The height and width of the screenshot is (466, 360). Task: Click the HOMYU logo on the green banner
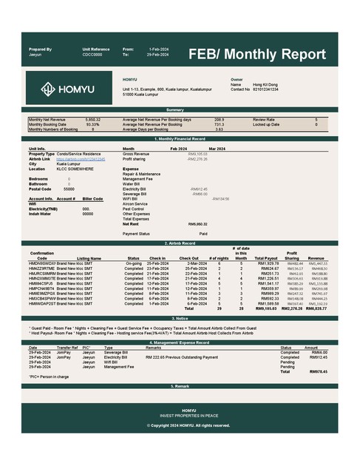pyautogui.click(x=67, y=89)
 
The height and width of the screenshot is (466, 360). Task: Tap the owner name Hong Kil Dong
pyautogui.click(x=267, y=84)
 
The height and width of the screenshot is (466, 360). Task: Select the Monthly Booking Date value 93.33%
pyautogui.click(x=93, y=124)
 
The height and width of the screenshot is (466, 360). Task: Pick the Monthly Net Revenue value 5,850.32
pyautogui.click(x=93, y=119)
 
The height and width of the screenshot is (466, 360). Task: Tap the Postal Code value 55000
pyautogui.click(x=69, y=189)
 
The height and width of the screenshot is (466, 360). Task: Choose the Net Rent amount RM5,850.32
pyautogui.click(x=197, y=223)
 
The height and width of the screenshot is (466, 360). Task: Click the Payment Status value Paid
pyautogui.click(x=203, y=234)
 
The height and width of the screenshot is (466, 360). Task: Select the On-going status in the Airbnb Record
pyautogui.click(x=134, y=263)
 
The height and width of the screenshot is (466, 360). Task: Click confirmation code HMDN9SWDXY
pyautogui.click(x=42, y=263)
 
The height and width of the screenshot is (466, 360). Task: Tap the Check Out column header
pyautogui.click(x=189, y=258)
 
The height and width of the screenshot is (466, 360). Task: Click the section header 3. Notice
pyautogui.click(x=180, y=317)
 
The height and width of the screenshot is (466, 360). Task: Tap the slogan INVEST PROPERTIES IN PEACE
pyautogui.click(x=180, y=415)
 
